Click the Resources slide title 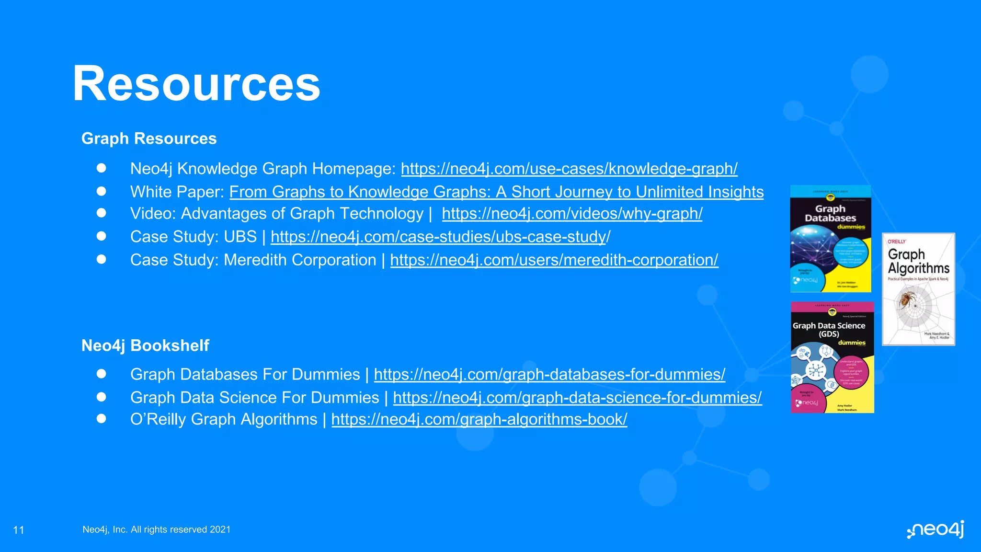(x=196, y=84)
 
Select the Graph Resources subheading (x=149, y=138)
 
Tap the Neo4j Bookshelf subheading (x=145, y=345)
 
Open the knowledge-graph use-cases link (x=569, y=169)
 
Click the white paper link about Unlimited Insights (x=496, y=192)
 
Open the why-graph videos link (x=572, y=214)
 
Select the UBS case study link (x=440, y=237)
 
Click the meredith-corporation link (x=554, y=260)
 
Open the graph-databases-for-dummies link (x=549, y=374)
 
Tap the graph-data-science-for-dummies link (x=577, y=398)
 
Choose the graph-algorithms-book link (x=479, y=419)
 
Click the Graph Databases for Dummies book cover (x=831, y=239)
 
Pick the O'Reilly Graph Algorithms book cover (x=918, y=289)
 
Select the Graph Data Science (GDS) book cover (x=833, y=357)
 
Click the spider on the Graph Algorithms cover (x=906, y=299)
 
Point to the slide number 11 (x=19, y=530)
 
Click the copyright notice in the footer (x=157, y=529)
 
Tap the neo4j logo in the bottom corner (x=935, y=529)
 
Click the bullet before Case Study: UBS (x=101, y=236)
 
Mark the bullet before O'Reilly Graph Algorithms (x=101, y=419)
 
